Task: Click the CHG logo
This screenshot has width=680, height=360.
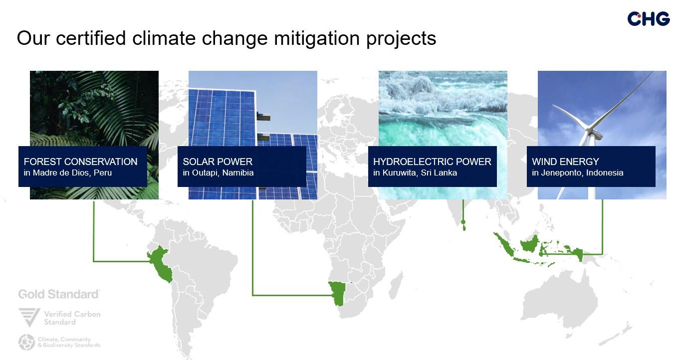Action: (649, 19)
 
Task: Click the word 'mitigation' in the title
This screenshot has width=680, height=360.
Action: (317, 38)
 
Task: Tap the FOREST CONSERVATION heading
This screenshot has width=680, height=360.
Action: (80, 162)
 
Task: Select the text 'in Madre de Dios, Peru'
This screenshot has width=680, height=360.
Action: (68, 173)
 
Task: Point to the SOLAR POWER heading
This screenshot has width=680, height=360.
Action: (218, 162)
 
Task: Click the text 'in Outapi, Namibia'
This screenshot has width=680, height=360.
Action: (218, 173)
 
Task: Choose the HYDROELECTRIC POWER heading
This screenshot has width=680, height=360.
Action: (432, 162)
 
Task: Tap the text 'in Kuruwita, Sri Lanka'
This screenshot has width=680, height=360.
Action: (415, 173)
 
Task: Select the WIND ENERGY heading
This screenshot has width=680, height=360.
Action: (565, 162)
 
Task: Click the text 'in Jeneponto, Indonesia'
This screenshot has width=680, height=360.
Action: (577, 173)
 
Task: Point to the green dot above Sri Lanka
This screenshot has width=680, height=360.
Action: (463, 222)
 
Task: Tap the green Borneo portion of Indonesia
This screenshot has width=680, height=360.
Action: (529, 244)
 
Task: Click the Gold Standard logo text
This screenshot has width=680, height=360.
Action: (59, 294)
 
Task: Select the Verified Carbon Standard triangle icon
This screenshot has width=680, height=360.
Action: (29, 317)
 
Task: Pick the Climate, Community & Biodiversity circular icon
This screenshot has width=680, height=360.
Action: (26, 343)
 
